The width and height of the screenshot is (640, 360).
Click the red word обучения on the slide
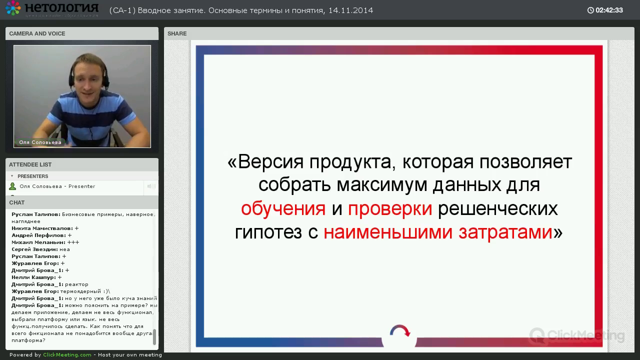pyautogui.click(x=283, y=208)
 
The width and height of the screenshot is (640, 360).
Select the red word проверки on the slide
pyautogui.click(x=390, y=209)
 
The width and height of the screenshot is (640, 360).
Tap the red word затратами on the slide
pyautogui.click(x=505, y=232)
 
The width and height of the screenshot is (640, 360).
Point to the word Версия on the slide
pyautogui.click(x=270, y=162)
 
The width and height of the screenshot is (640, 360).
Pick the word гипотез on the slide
pyautogui.click(x=268, y=232)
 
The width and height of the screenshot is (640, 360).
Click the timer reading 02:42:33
pyautogui.click(x=609, y=10)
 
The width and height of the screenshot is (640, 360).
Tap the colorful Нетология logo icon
pyautogui.click(x=13, y=8)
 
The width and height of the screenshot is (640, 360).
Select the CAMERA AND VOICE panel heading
pyautogui.click(x=37, y=33)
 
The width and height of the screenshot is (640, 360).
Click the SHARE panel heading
pyautogui.click(x=177, y=33)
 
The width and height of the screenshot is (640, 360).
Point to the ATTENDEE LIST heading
pyautogui.click(x=30, y=164)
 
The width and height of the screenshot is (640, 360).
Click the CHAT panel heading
pyautogui.click(x=17, y=202)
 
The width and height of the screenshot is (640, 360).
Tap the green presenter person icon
pyautogui.click(x=12, y=186)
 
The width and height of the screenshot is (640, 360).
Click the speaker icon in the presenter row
pyautogui.click(x=151, y=186)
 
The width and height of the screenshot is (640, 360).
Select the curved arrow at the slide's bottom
pyautogui.click(x=400, y=330)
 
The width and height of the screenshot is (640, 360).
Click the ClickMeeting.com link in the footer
pyautogui.click(x=67, y=355)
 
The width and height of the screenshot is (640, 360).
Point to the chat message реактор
pyautogui.click(x=76, y=284)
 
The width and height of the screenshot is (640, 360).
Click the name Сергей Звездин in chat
pyautogui.click(x=33, y=249)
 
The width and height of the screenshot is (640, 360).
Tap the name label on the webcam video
pyautogui.click(x=40, y=142)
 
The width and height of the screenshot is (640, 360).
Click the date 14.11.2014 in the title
pyautogui.click(x=350, y=10)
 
